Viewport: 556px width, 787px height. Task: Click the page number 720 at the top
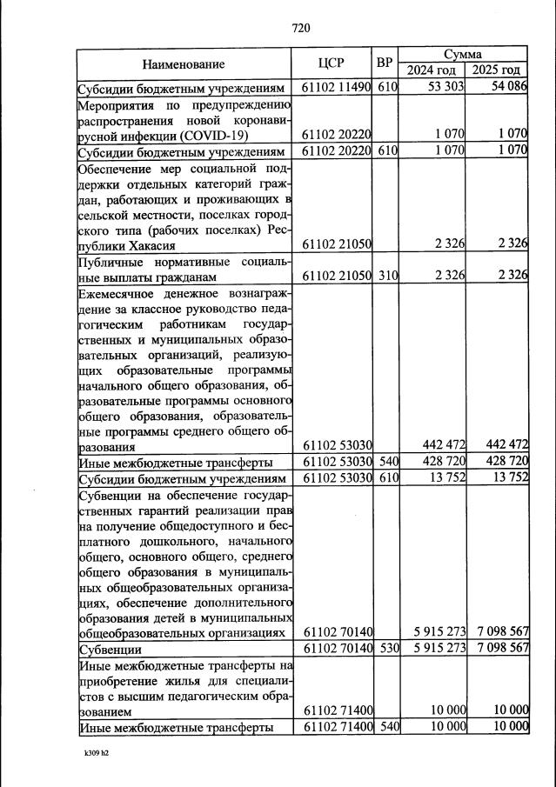tap(301, 28)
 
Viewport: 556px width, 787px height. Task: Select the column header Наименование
tap(184, 64)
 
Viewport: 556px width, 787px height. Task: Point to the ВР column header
tap(385, 63)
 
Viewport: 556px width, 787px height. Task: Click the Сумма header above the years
tap(464, 54)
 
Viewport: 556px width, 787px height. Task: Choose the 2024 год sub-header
tap(432, 70)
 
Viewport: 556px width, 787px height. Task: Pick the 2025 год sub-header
tap(497, 70)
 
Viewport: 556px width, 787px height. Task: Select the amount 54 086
tap(507, 88)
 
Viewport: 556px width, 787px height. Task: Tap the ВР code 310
tap(387, 277)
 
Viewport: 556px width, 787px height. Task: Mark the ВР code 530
tap(387, 650)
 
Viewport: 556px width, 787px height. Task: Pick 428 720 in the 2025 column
tap(504, 462)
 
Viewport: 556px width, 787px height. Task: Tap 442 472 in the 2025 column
tap(504, 446)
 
